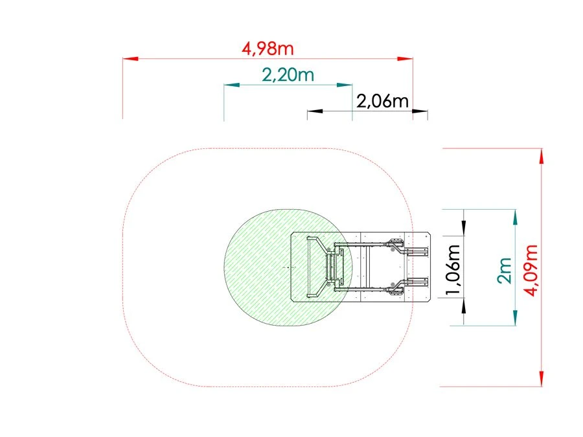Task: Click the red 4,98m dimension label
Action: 268,49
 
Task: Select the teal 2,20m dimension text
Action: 288,75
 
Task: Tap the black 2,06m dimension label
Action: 383,101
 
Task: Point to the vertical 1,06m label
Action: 453,269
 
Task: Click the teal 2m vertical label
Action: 505,271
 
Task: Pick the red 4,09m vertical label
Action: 531,271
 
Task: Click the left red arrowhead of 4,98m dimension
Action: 130,59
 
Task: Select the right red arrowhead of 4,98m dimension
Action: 405,59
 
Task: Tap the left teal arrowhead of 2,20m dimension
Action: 232,85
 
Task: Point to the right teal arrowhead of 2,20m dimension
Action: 345,85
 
